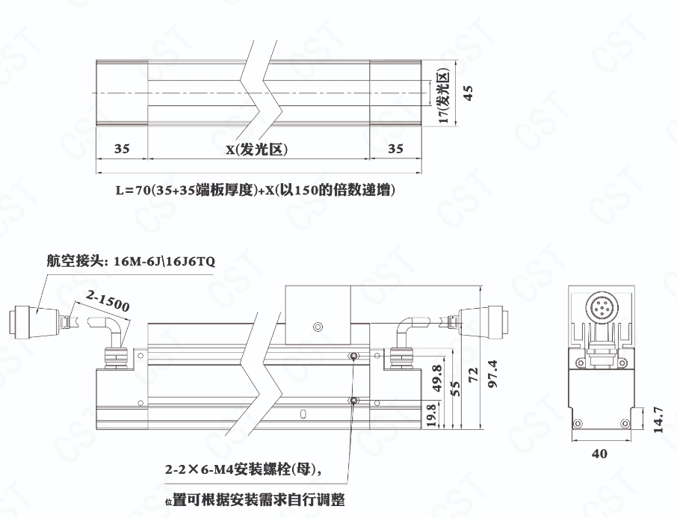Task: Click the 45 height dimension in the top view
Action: click(x=468, y=93)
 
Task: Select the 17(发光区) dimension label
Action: click(x=444, y=96)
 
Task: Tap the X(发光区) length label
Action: click(x=256, y=149)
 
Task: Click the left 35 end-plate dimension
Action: click(x=122, y=149)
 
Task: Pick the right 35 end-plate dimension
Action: click(x=395, y=149)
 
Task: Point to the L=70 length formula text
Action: click(x=255, y=190)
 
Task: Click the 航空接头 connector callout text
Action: click(x=131, y=262)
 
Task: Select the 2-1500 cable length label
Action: click(x=108, y=300)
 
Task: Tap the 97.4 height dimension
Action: click(x=492, y=374)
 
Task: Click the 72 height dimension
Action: click(x=474, y=375)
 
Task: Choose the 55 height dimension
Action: click(x=455, y=387)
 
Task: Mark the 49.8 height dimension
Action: click(x=436, y=378)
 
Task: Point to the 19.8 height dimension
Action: click(x=432, y=416)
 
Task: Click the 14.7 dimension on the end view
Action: click(x=658, y=419)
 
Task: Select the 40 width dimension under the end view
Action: click(x=599, y=454)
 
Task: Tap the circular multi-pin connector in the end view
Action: click(x=601, y=307)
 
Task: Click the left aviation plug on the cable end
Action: click(x=34, y=321)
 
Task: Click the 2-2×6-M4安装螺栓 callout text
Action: click(x=243, y=469)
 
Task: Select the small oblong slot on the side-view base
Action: click(x=303, y=414)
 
